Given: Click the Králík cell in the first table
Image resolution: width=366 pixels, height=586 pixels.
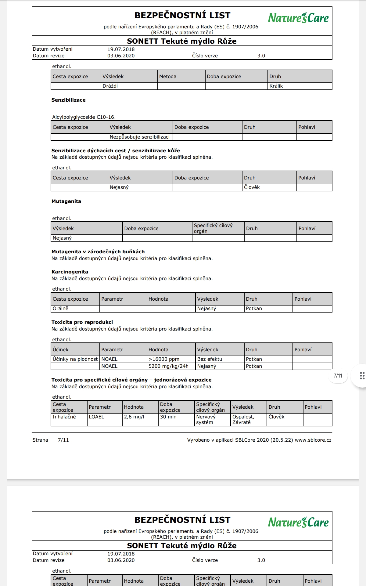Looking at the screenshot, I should coord(276,86).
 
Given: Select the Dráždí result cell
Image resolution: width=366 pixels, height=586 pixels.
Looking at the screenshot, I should coord(110,86).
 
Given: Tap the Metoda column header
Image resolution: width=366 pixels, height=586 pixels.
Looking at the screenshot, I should coord(168,77).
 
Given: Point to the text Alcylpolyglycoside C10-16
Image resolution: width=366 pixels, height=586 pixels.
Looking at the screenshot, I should coord(84,117).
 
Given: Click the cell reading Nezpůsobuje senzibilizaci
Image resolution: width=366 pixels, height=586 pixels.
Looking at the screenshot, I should coord(140,137).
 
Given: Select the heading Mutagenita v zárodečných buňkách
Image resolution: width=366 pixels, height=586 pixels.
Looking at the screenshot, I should coord(98,252).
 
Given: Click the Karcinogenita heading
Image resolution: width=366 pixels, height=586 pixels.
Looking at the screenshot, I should coord(70,272).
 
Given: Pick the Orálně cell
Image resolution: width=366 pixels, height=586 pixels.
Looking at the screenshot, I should coord(60,309).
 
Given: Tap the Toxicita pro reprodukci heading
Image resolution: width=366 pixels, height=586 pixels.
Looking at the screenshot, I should coord(82,322).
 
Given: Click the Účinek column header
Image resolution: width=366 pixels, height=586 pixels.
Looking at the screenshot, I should coord(60,350).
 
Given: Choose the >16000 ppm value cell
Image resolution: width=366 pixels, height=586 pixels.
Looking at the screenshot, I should coord(164,359).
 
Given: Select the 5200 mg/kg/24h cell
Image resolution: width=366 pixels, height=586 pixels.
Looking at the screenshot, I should coord(169,366).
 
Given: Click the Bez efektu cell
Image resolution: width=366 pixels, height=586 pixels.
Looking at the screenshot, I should coord(210,359).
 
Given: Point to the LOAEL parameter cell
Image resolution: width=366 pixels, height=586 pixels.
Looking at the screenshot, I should coord(96,417).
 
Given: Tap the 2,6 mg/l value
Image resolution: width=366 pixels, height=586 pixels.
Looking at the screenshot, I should coord(134,417).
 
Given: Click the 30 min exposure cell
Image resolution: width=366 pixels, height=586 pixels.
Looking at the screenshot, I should coord(168,417).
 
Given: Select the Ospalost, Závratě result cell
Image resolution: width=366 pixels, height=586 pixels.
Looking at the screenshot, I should coord(243,419).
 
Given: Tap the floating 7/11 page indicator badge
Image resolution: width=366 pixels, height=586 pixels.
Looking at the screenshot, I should coord(338,376).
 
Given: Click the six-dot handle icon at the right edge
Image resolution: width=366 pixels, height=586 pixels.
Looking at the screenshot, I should coord(362,376).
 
